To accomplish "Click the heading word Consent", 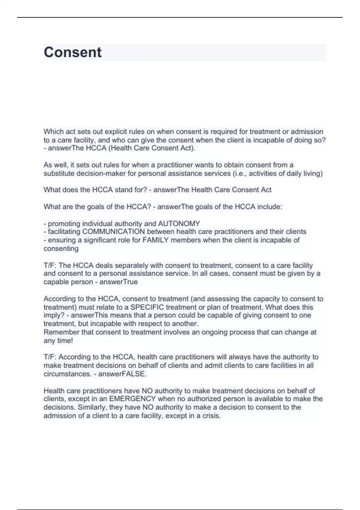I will pyautogui.click(x=73, y=52).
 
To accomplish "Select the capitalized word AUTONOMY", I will pyautogui.click(x=179, y=224).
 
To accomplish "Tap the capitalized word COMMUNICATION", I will pyautogui.click(x=113, y=232).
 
